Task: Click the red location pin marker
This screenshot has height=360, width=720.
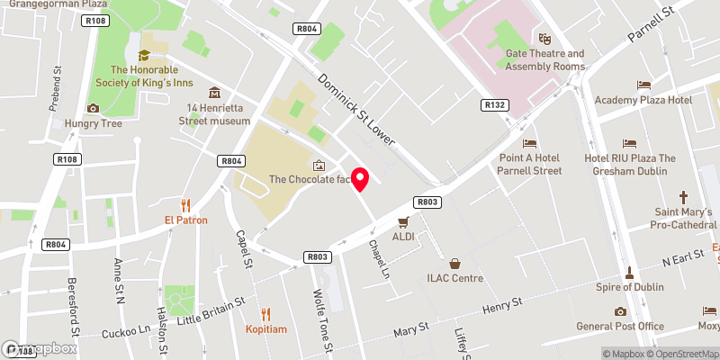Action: point(360,179)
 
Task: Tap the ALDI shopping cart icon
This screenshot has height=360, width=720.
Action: point(403,221)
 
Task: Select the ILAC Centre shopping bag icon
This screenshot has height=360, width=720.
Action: point(455,264)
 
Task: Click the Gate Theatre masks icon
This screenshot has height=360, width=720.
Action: point(544,39)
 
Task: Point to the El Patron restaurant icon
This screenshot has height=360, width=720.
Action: point(186,205)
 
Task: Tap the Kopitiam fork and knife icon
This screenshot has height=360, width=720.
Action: point(265,314)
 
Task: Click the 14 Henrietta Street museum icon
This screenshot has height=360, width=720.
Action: point(214,93)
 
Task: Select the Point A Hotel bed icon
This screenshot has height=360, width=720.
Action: point(530,143)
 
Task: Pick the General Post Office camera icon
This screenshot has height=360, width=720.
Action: point(620,311)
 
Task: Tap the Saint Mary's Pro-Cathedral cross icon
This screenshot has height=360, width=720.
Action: point(683,197)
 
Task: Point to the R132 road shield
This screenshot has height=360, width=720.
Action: point(494,105)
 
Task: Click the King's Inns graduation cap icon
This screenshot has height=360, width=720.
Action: point(143,56)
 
